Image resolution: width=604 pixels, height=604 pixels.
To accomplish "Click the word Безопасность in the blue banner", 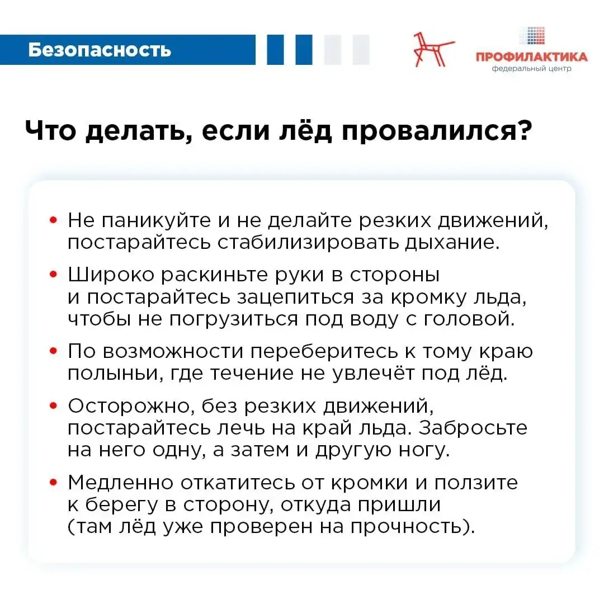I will (x=100, y=50).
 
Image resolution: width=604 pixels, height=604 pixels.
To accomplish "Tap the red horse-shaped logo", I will (x=433, y=50).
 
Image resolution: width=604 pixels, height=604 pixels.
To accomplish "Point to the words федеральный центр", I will (x=531, y=69).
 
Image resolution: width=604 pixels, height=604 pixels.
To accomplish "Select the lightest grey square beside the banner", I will (x=361, y=50).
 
